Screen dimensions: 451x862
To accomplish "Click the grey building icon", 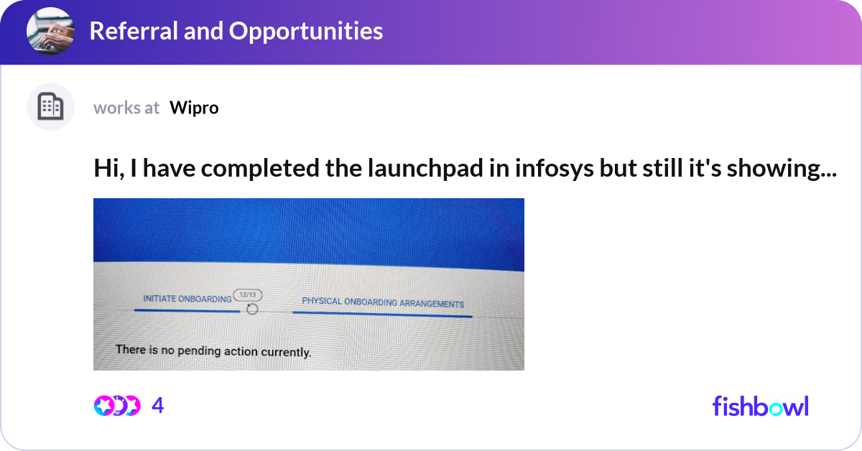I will [x=50, y=107].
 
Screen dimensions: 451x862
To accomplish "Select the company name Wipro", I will [x=194, y=108].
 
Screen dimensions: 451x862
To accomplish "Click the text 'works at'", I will [x=126, y=108].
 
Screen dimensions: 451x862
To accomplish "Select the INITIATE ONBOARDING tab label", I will [x=187, y=299].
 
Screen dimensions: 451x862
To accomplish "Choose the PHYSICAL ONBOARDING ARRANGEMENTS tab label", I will [x=383, y=303].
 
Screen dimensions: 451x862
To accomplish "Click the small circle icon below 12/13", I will [x=252, y=309].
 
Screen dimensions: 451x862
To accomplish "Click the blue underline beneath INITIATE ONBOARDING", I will [x=187, y=311].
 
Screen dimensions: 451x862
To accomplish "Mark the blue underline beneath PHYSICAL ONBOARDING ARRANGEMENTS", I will [x=383, y=314].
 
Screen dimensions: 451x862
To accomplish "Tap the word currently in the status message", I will [x=286, y=352].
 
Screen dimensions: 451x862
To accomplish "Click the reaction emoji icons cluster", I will [x=117, y=406].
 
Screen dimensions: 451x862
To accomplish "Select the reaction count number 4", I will [x=158, y=406].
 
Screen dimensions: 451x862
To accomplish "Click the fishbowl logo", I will [x=760, y=406].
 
